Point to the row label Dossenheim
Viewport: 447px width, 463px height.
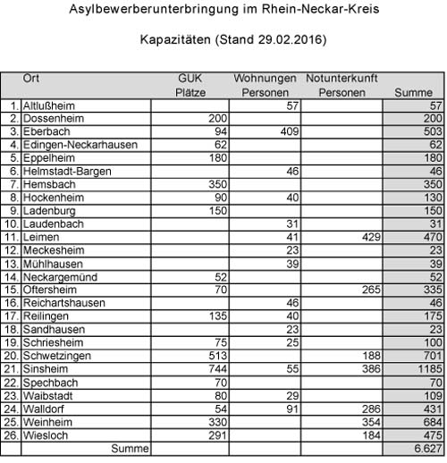pyautogui.click(x=52, y=118)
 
